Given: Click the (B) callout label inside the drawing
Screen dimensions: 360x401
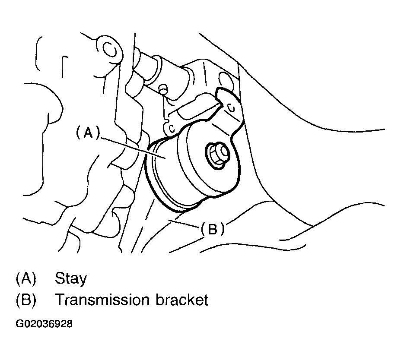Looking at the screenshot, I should [x=213, y=230].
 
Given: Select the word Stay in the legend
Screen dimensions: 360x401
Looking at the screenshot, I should [x=70, y=279].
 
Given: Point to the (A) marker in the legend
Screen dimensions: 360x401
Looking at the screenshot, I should [x=25, y=279].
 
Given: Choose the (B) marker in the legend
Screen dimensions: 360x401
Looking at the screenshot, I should [x=25, y=300].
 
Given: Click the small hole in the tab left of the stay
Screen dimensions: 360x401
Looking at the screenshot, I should [x=171, y=128].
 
